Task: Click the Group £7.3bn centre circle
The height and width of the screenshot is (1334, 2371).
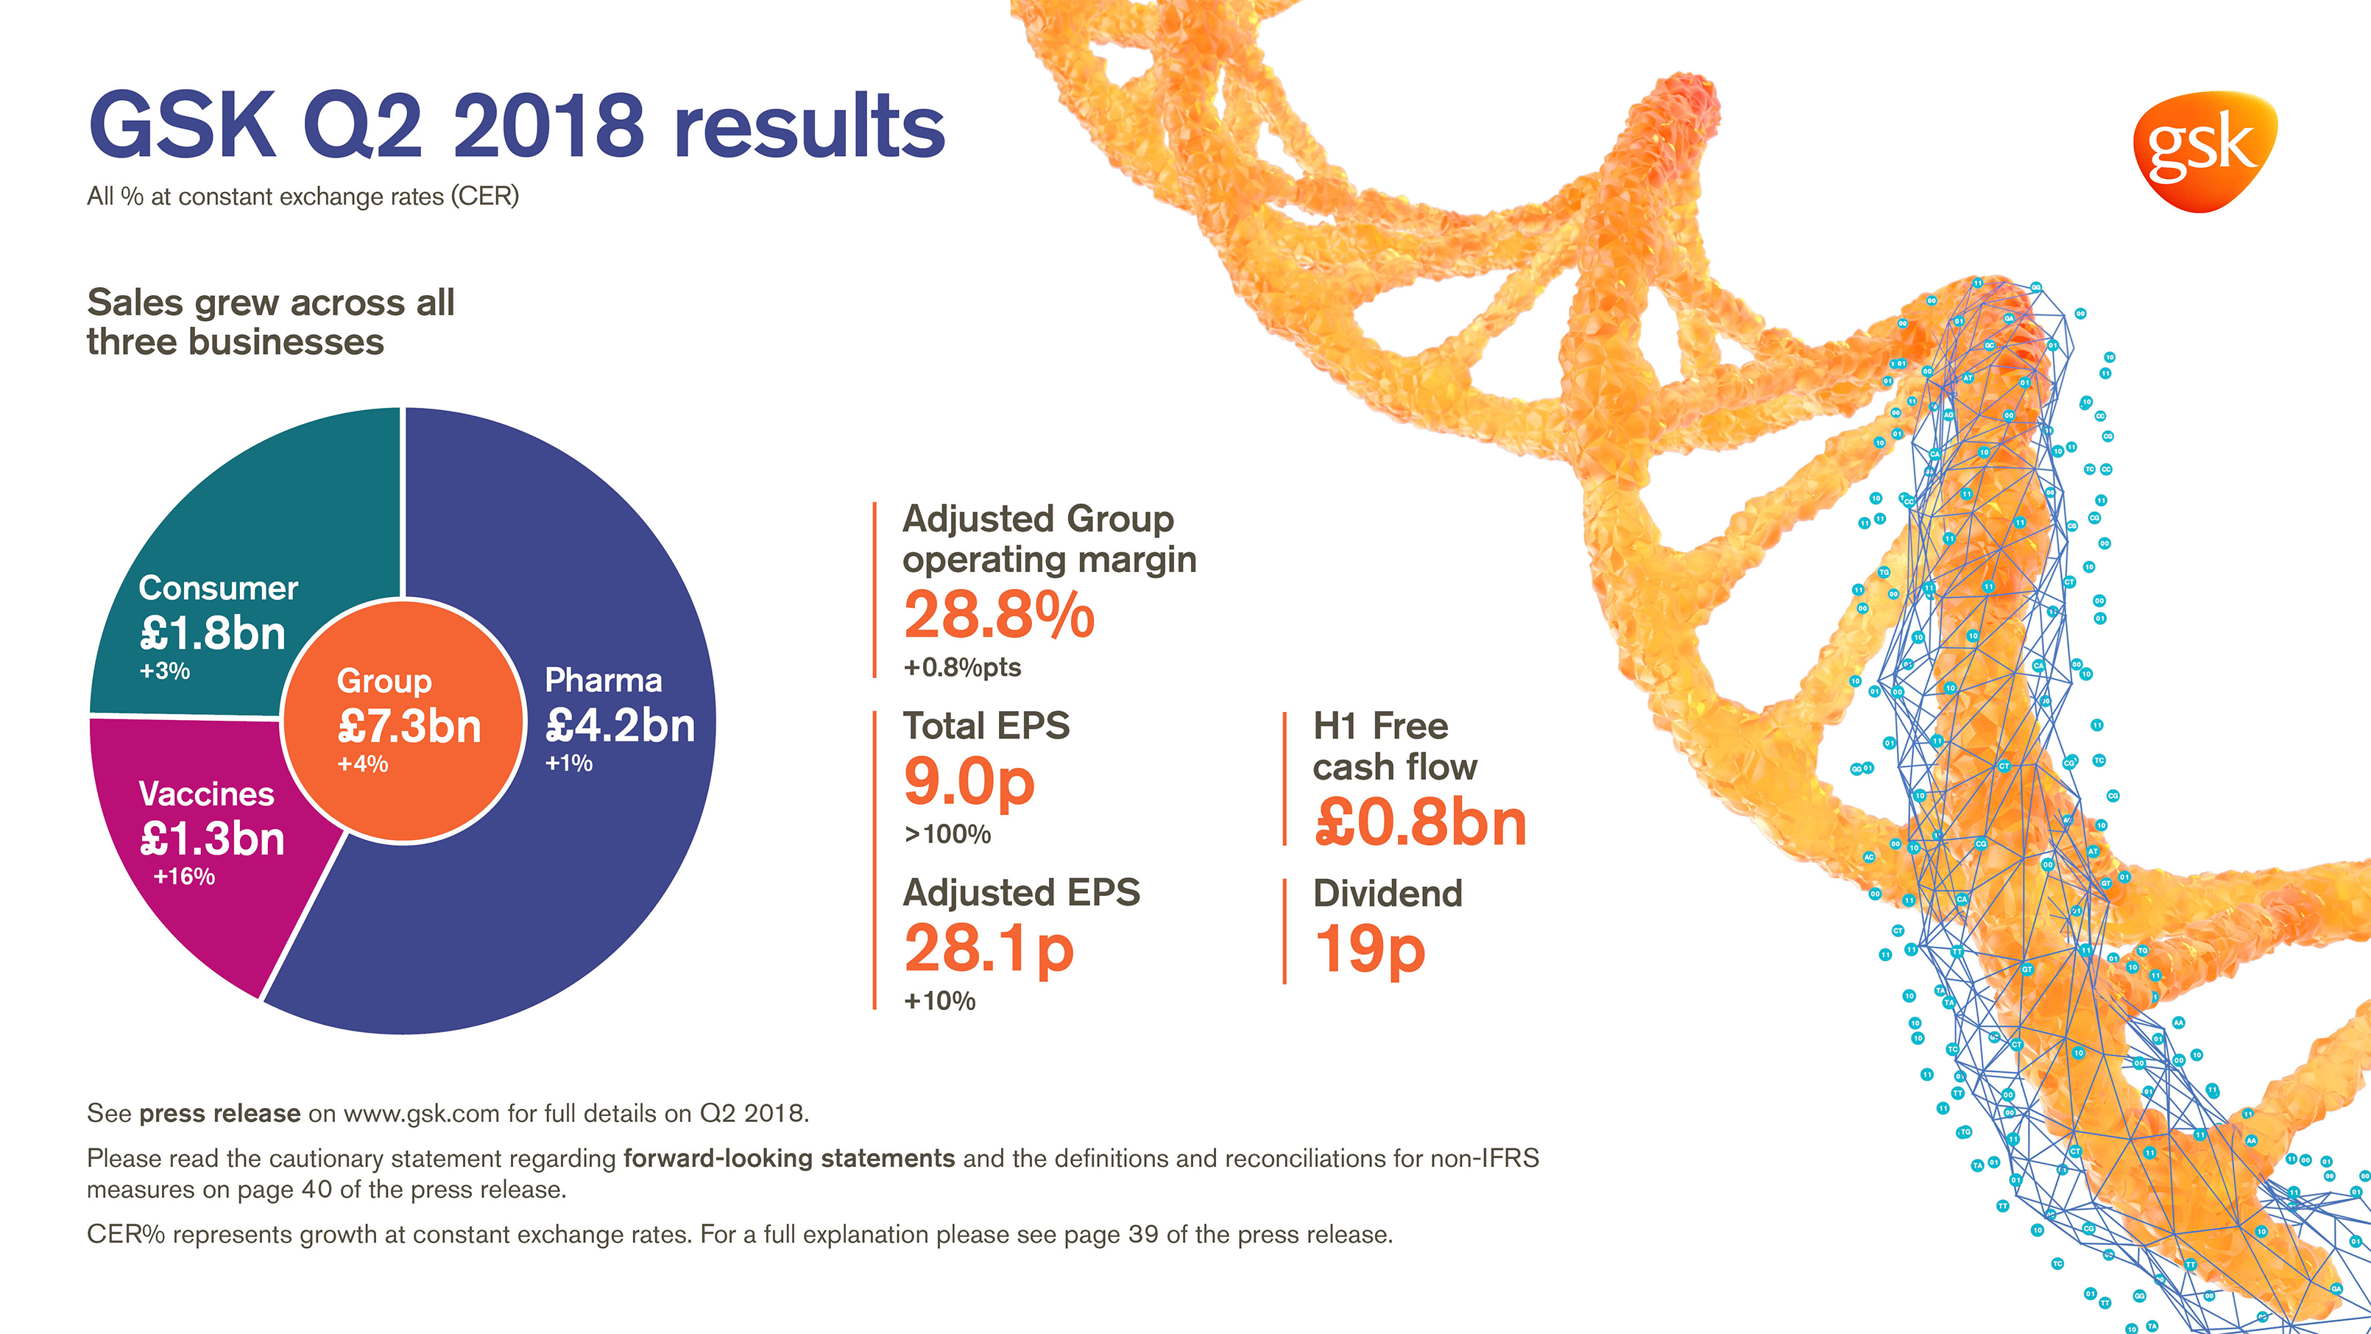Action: [403, 721]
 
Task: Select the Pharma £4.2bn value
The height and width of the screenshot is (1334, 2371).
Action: [620, 725]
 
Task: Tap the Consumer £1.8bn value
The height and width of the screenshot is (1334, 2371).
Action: [213, 633]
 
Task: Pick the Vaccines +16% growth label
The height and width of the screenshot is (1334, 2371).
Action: [184, 876]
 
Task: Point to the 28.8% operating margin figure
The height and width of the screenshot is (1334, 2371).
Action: [999, 615]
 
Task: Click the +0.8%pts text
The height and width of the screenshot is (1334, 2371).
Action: [962, 668]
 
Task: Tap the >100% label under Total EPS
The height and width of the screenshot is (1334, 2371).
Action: [947, 834]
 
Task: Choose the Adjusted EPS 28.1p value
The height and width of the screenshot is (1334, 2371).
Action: [989, 948]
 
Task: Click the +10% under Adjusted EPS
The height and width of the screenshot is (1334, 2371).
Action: [939, 1000]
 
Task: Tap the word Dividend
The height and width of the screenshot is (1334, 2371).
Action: [1387, 893]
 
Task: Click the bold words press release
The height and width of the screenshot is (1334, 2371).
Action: [219, 1113]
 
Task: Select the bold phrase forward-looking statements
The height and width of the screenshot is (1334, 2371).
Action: [789, 1158]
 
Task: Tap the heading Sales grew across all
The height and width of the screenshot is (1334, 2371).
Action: [271, 302]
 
